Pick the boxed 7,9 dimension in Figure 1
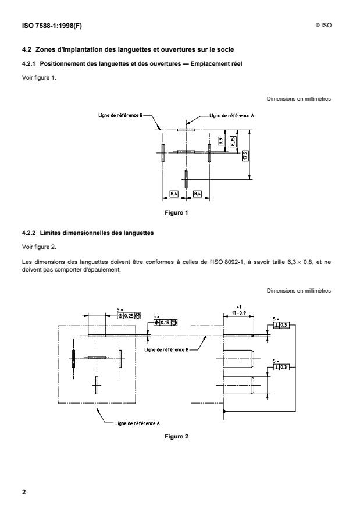click(221, 141)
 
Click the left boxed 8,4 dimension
click(174, 192)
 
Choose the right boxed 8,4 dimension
click(197, 192)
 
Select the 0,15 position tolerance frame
click(165, 322)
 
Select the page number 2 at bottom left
click(24, 492)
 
